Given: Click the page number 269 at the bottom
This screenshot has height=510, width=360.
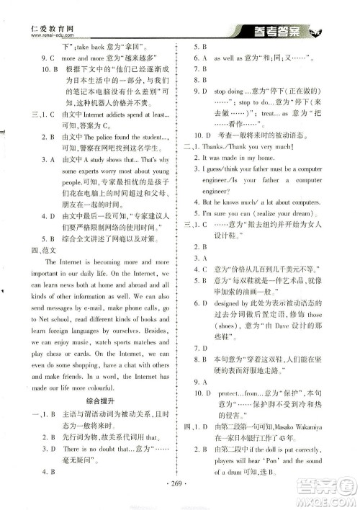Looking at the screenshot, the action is [180, 485].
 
